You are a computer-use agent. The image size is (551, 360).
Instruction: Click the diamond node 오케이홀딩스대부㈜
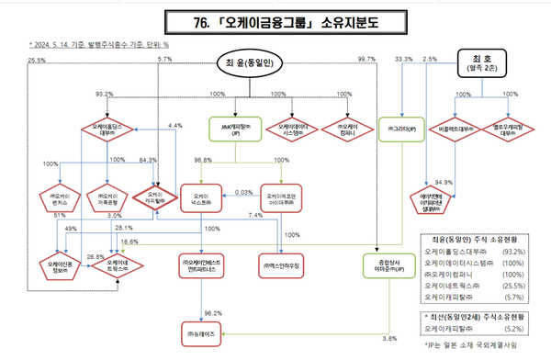[x=108, y=129]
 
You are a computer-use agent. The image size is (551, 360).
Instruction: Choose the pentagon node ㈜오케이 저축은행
[x=108, y=197]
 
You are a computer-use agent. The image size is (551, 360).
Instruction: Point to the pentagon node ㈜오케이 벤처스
[x=61, y=197]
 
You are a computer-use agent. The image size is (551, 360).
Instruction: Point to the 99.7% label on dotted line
[x=365, y=59]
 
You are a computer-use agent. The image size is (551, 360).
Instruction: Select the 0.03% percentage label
[x=244, y=193]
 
